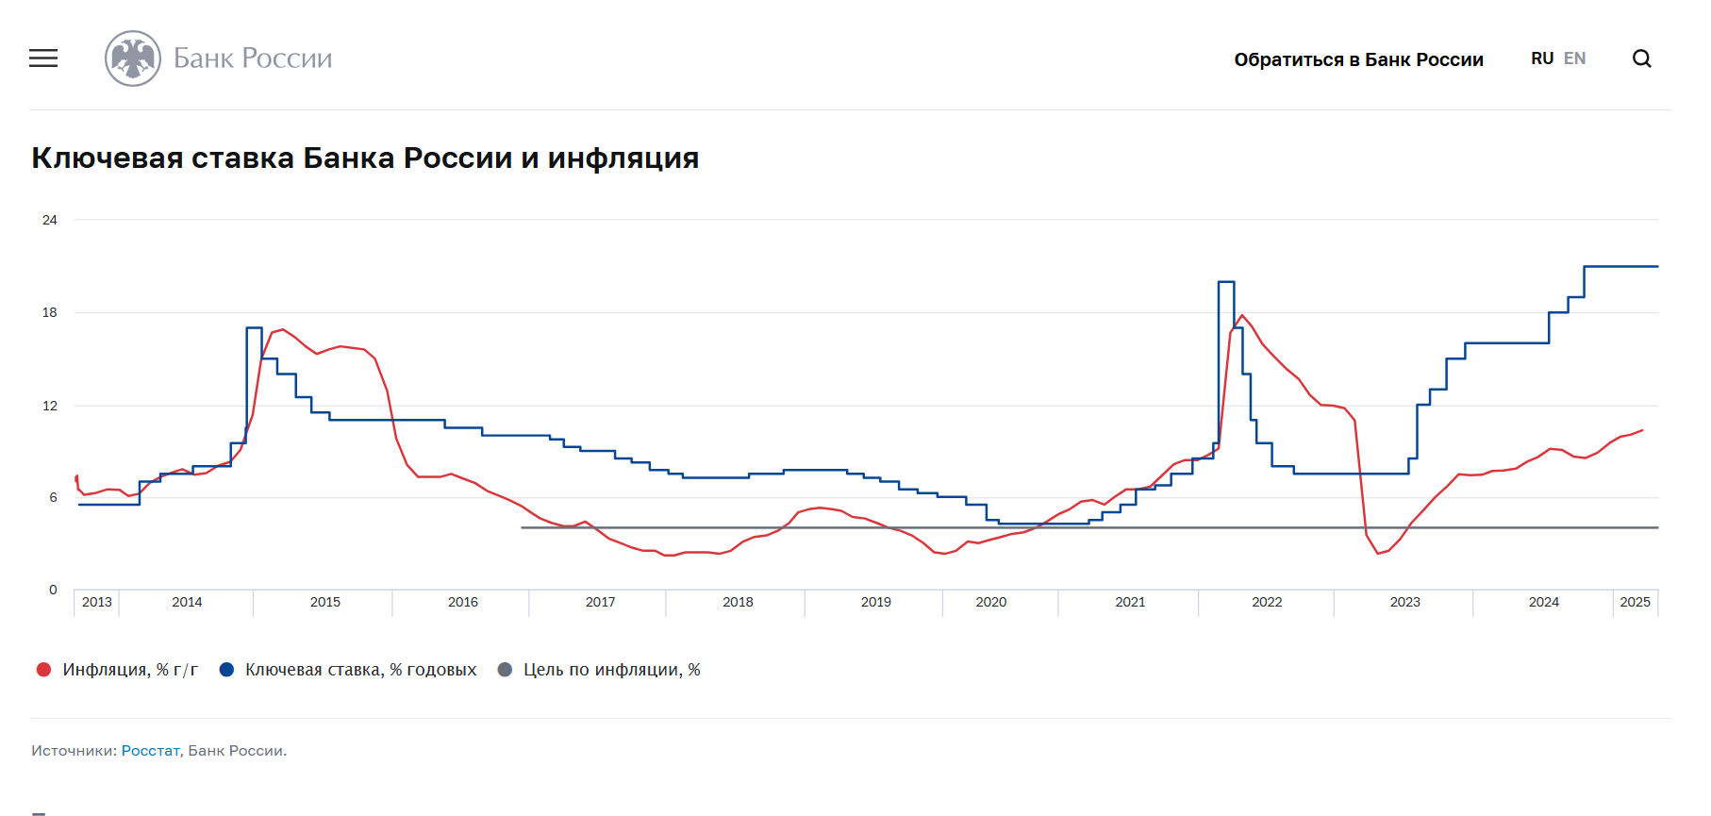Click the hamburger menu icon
[x=43, y=58]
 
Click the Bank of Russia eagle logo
[x=133, y=58]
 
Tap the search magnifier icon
[x=1641, y=58]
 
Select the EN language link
[x=1574, y=58]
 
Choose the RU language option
[x=1541, y=58]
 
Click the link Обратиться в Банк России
[x=1358, y=59]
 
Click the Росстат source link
[x=150, y=751]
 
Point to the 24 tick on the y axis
[x=50, y=220]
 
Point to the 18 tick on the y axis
[x=50, y=312]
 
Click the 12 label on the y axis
[x=50, y=406]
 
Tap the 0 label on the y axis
[x=53, y=590]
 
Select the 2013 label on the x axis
[x=96, y=602]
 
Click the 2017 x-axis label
[x=600, y=602]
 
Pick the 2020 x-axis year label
[x=990, y=602]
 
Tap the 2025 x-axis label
[x=1635, y=602]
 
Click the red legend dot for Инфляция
[x=43, y=670]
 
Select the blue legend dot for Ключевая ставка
[x=226, y=670]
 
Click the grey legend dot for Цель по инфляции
[x=505, y=670]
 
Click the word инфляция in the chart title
[x=623, y=158]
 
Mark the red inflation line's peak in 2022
[x=1242, y=315]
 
